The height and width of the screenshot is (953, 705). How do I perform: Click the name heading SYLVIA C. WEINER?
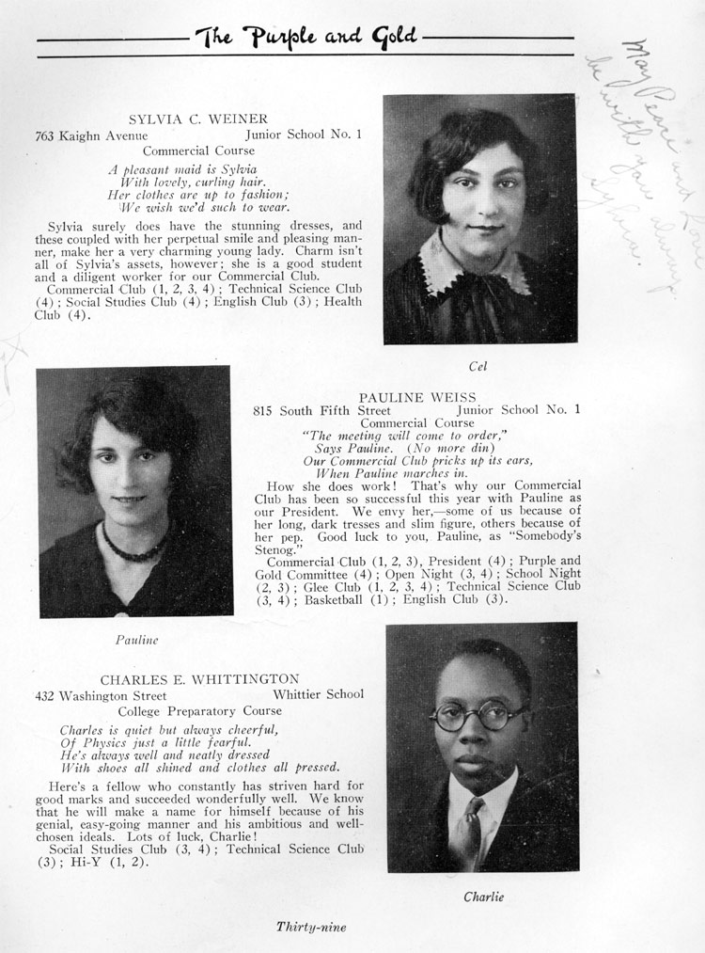197,119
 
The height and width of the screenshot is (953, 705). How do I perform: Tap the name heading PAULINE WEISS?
417,397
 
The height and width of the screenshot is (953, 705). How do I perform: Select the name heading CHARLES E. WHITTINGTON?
199,679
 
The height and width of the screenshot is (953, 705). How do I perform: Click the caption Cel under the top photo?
479,365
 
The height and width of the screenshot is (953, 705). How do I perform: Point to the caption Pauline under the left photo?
136,640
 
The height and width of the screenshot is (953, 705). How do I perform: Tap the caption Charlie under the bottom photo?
483,897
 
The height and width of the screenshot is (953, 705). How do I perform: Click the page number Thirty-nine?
311,927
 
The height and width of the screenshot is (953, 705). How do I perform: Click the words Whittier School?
318,695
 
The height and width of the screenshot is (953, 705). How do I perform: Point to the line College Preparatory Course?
198,711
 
